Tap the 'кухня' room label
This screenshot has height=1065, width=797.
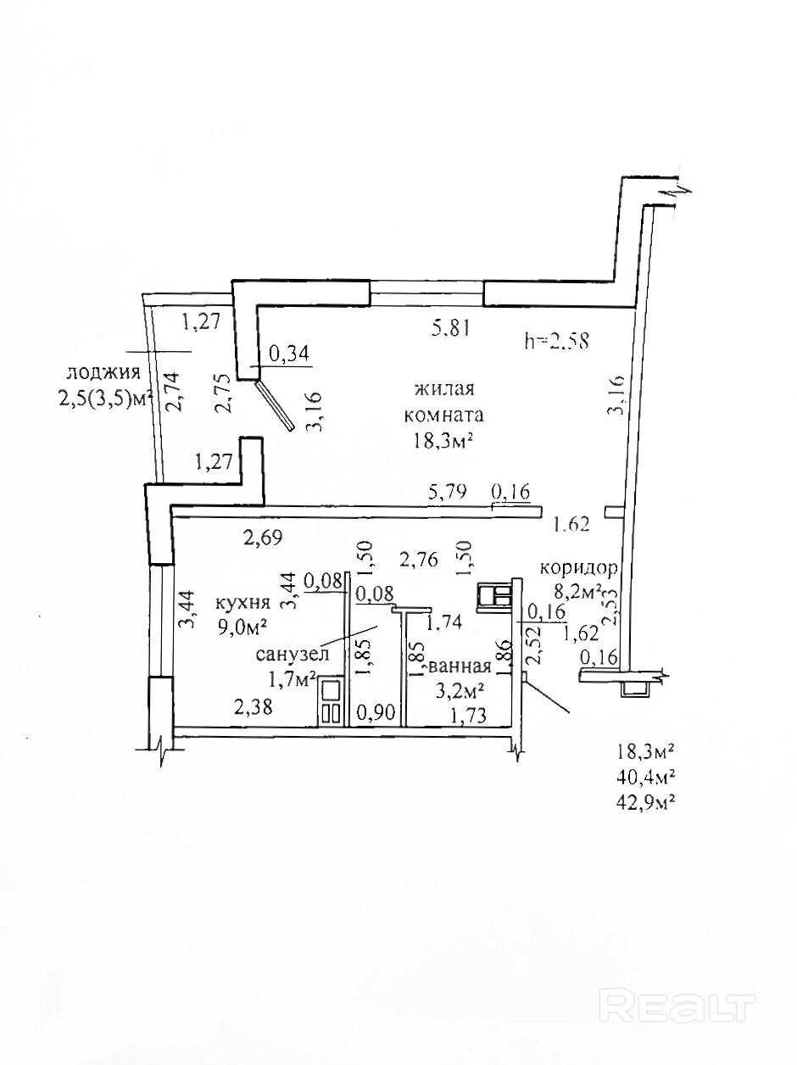click(x=242, y=603)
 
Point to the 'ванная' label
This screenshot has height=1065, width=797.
click(x=460, y=666)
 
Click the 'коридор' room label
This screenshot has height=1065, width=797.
click(x=584, y=569)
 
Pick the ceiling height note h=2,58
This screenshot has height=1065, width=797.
click(x=557, y=341)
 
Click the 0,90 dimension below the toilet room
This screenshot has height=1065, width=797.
click(x=376, y=714)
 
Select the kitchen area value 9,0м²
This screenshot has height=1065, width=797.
click(x=242, y=627)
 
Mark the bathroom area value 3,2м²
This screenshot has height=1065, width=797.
click(x=460, y=689)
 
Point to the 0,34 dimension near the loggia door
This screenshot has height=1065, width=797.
click(x=289, y=354)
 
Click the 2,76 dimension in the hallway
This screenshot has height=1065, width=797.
click(x=418, y=560)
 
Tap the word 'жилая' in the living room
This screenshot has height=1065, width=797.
click(x=443, y=390)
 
